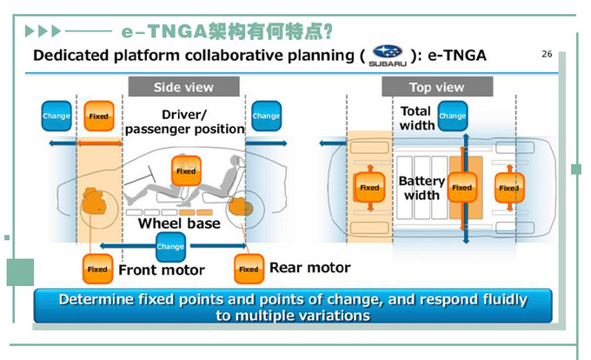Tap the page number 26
pyautogui.click(x=547, y=54)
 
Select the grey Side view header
pyautogui.click(x=183, y=87)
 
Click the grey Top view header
pyautogui.click(x=436, y=87)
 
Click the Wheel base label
pyautogui.click(x=179, y=223)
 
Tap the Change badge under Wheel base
pyautogui.click(x=170, y=247)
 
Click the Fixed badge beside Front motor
pyautogui.click(x=97, y=269)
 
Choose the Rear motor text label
pyautogui.click(x=309, y=268)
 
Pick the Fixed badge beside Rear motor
pyautogui.click(x=249, y=269)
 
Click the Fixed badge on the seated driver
pyautogui.click(x=186, y=171)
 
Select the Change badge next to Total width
pyautogui.click(x=452, y=116)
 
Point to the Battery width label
pyautogui.click(x=422, y=188)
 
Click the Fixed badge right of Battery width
pyautogui.click(x=462, y=187)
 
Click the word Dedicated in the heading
pyautogui.click(x=71, y=57)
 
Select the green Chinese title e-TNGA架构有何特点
pyautogui.click(x=228, y=31)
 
